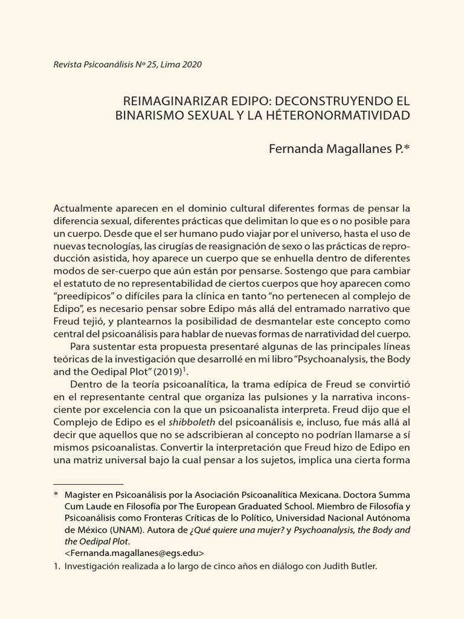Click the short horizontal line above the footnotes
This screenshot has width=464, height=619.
click(88, 484)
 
